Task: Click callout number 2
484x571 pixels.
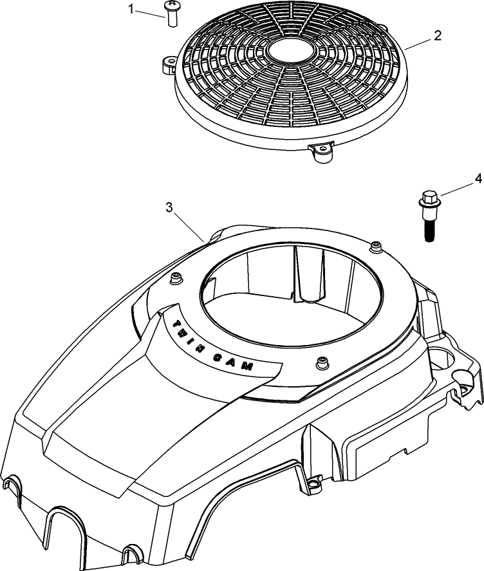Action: tap(437, 35)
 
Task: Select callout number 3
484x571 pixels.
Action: tap(169, 207)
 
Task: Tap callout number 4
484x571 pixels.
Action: tap(477, 177)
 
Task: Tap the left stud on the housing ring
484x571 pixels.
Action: tap(174, 277)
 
